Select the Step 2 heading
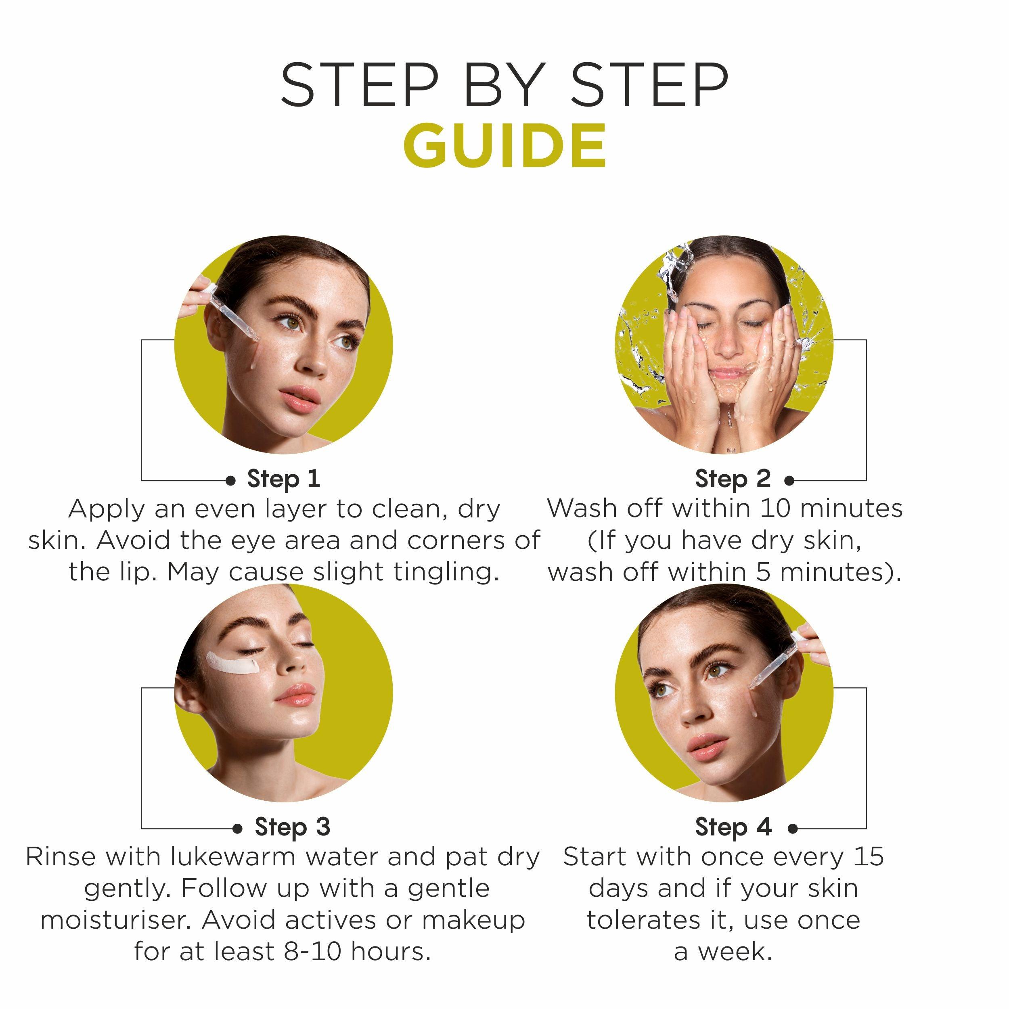[733, 479]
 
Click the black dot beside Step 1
[230, 480]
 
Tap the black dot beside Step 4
[793, 828]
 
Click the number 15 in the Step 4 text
[869, 856]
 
